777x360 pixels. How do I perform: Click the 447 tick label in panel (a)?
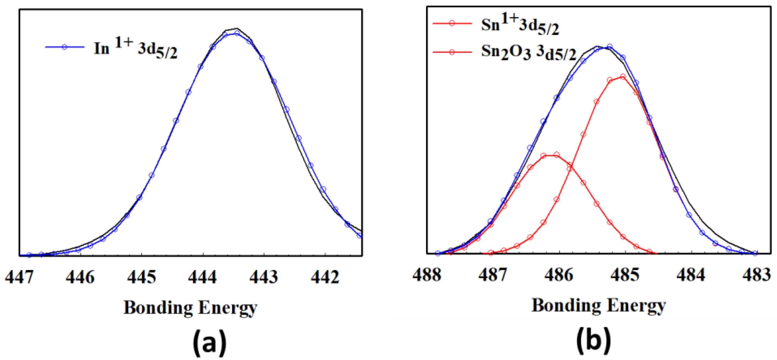point(19,276)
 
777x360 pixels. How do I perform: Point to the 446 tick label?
point(80,276)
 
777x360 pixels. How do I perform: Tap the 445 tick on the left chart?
point(142,276)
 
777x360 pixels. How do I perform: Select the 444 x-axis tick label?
point(203,276)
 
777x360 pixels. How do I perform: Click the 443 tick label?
point(264,276)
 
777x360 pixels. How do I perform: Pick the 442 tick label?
point(325,276)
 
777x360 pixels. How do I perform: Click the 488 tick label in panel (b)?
point(427,275)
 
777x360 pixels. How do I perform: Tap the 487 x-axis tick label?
point(493,275)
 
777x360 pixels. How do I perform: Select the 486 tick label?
point(559,275)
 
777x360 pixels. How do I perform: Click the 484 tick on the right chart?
point(691,275)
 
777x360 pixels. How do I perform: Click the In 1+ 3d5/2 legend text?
point(136,48)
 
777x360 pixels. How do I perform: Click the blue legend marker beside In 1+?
point(64,47)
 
